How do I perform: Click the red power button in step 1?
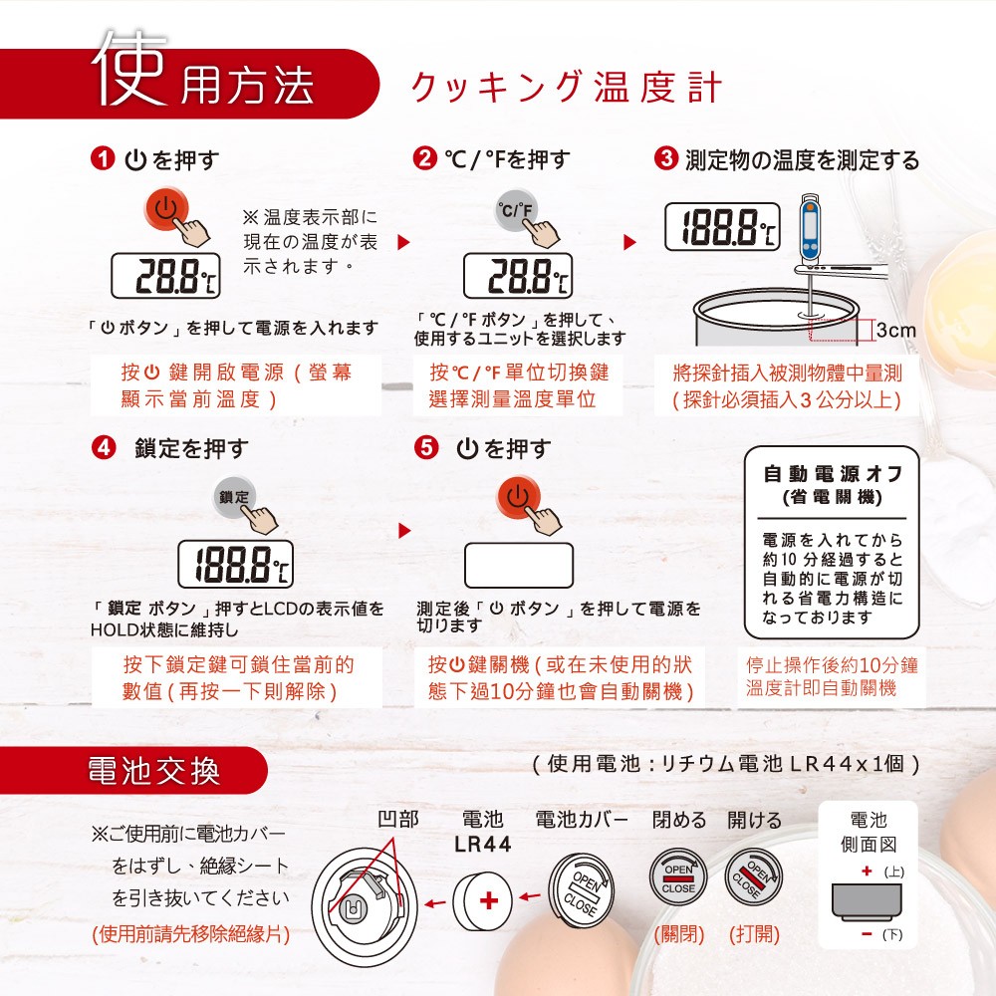[x=165, y=208]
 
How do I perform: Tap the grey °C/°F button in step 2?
[x=516, y=208]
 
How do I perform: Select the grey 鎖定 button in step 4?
[x=234, y=497]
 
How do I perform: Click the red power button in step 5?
[x=518, y=497]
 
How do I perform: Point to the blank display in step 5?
[x=519, y=565]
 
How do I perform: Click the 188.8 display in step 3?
[x=722, y=227]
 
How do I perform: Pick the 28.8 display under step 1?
[x=165, y=276]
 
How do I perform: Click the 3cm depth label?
[x=896, y=330]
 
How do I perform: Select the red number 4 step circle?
[x=104, y=448]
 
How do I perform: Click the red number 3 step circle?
[x=665, y=158]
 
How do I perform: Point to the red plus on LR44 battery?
[x=488, y=900]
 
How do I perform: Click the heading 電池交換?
[x=153, y=771]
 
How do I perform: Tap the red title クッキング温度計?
[x=567, y=87]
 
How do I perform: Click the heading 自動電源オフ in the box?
[x=832, y=473]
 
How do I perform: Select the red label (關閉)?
[x=679, y=934]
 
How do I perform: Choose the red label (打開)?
[x=754, y=934]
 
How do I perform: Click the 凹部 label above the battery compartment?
[x=398, y=819]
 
